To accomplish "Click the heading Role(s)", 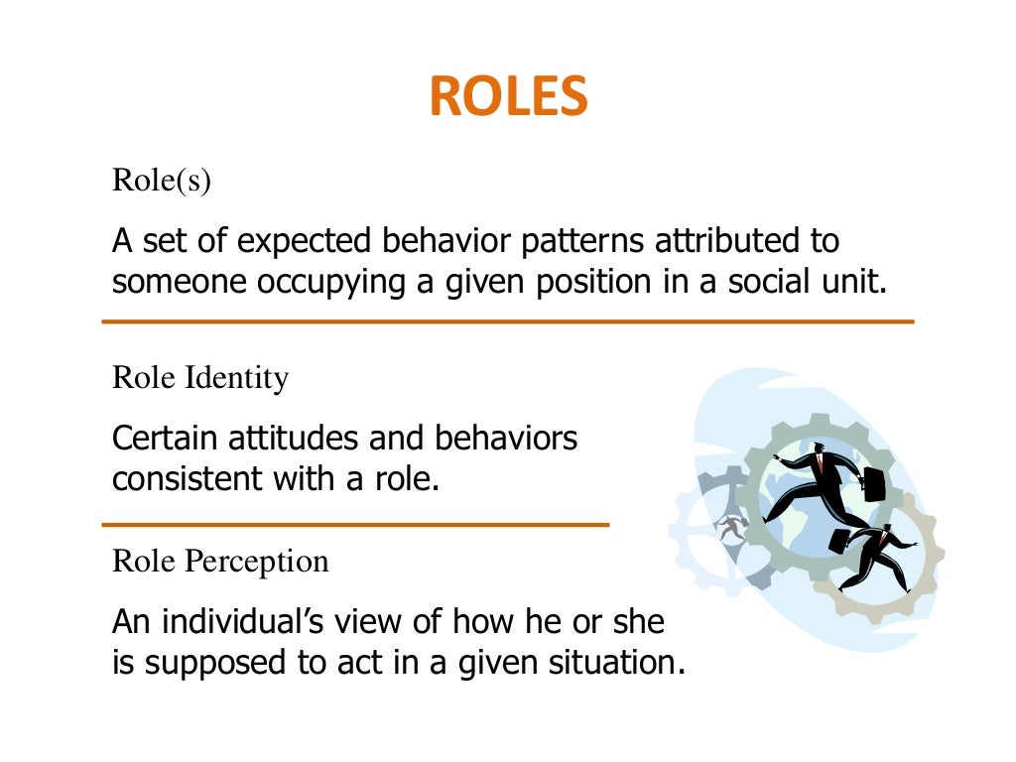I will point(162,181).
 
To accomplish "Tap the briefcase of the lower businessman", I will point(839,541).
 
